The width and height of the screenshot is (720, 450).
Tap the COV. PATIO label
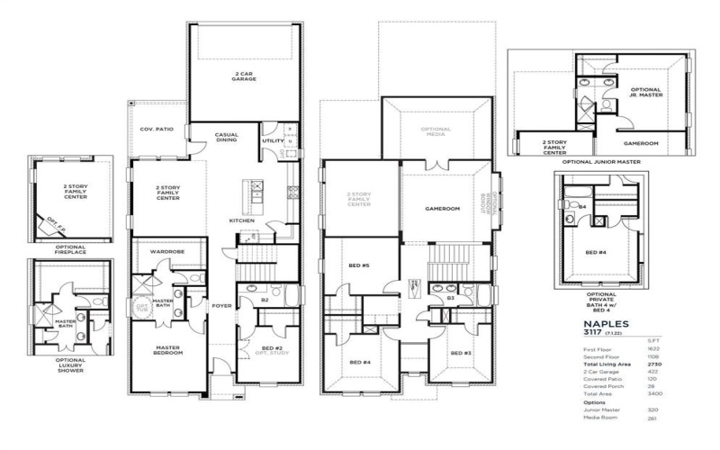click(x=157, y=130)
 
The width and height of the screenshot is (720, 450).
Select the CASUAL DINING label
click(x=226, y=138)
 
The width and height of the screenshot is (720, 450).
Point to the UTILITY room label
click(x=273, y=141)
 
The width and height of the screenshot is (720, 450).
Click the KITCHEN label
click(x=241, y=220)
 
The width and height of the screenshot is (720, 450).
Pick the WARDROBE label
click(x=167, y=252)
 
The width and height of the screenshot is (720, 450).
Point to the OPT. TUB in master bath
click(x=140, y=309)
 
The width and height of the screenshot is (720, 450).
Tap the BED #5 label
click(x=358, y=265)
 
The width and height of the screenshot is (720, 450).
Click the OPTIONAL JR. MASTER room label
click(x=646, y=93)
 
